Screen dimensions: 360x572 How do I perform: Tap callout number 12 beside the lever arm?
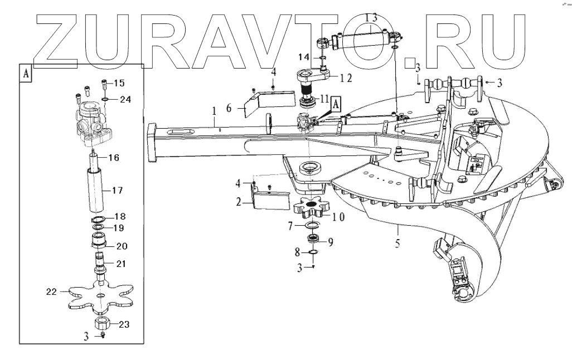(346, 78)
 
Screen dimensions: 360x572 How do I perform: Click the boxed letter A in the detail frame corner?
(26, 73)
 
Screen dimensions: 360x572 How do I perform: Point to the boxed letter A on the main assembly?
(336, 102)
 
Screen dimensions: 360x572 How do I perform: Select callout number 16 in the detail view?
(113, 158)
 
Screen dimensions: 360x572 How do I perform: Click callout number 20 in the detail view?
(122, 246)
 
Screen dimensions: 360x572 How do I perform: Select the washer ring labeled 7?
(312, 226)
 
